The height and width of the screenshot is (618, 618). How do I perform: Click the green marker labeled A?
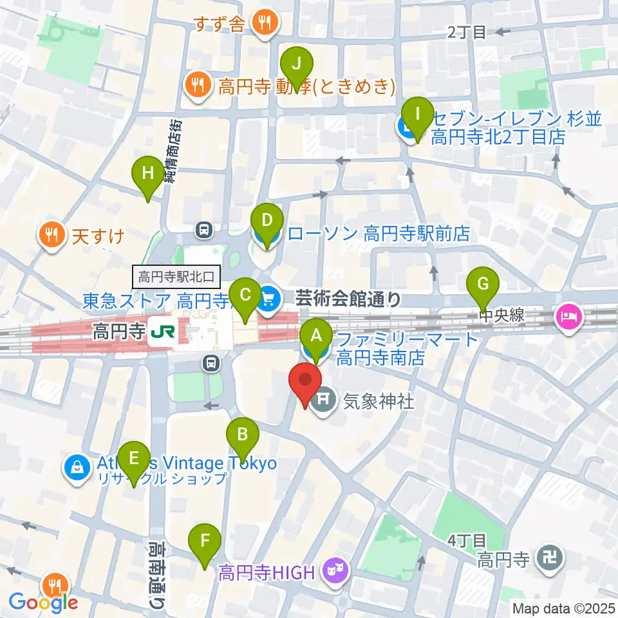tap(316, 335)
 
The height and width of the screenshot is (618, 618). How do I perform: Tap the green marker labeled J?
tap(297, 63)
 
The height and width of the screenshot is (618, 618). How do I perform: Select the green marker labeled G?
tap(486, 283)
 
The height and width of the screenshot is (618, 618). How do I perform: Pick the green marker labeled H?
tap(148, 173)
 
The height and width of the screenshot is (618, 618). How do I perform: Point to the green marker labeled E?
tap(134, 458)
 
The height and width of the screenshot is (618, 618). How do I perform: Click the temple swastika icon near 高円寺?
tap(550, 557)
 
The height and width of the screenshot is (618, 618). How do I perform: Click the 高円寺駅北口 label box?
tap(177, 277)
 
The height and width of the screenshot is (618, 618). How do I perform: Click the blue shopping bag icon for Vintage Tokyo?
tap(77, 467)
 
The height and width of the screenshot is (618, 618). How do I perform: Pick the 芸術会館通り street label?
tap(348, 299)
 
